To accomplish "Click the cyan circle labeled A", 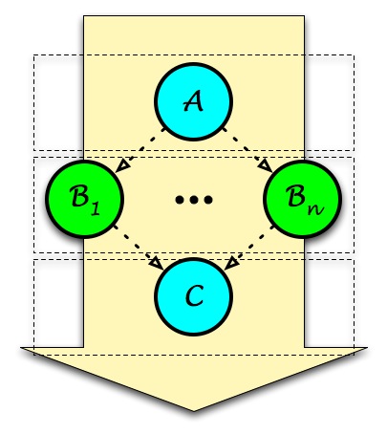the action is [194, 101].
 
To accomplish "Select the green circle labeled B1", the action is [84, 199].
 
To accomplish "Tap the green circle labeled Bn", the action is [303, 199].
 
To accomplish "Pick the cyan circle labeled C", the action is [194, 296].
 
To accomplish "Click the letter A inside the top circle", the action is [193, 101].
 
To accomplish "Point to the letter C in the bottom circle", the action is [194, 296].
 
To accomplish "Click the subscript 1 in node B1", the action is [96, 209].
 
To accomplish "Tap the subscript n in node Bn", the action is [315, 209].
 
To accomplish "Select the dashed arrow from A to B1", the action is [140, 150].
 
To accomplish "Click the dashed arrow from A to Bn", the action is [247, 150].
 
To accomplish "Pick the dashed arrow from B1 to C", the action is [139, 248].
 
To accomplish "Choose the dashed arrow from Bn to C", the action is [248, 248].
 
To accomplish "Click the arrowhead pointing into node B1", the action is [122, 166].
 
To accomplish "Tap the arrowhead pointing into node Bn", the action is [266, 166].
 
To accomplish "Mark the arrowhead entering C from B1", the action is [157, 264].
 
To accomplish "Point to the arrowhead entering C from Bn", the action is [231, 264].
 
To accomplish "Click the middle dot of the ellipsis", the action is [194, 200].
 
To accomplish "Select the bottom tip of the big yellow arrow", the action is [194, 411].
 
